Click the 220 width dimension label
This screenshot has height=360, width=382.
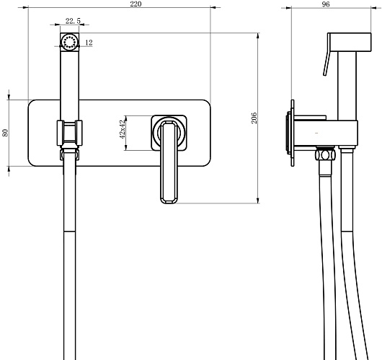pyautogui.click(x=136, y=4)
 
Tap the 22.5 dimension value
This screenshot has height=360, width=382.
pyautogui.click(x=73, y=21)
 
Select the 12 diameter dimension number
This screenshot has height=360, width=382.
pyautogui.click(x=89, y=43)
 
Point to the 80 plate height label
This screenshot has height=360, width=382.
pyautogui.click(x=5, y=133)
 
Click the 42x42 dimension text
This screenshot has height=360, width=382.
pyautogui.click(x=123, y=129)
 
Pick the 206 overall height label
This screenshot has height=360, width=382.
pyautogui.click(x=254, y=118)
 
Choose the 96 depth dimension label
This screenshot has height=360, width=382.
pyautogui.click(x=326, y=4)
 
